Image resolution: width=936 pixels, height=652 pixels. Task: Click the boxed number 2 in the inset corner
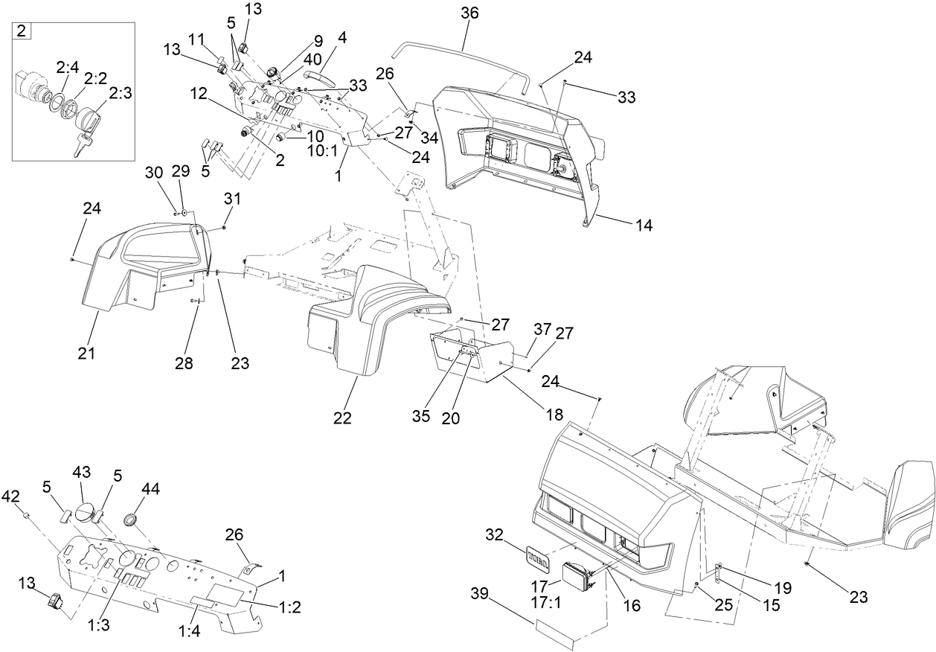tap(22, 31)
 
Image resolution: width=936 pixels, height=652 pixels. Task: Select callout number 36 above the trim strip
tap(469, 13)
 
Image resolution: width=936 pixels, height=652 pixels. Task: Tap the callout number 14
tap(644, 225)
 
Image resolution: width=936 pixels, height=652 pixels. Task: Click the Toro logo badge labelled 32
tap(536, 554)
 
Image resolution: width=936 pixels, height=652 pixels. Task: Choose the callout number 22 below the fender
tap(342, 418)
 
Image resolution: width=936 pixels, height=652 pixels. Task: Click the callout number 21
tap(87, 354)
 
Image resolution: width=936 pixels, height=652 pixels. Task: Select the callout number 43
tap(81, 473)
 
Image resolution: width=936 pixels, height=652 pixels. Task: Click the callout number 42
tap(12, 496)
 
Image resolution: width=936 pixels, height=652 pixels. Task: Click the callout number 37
tap(542, 329)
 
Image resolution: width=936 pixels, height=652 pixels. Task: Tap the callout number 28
tap(183, 363)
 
